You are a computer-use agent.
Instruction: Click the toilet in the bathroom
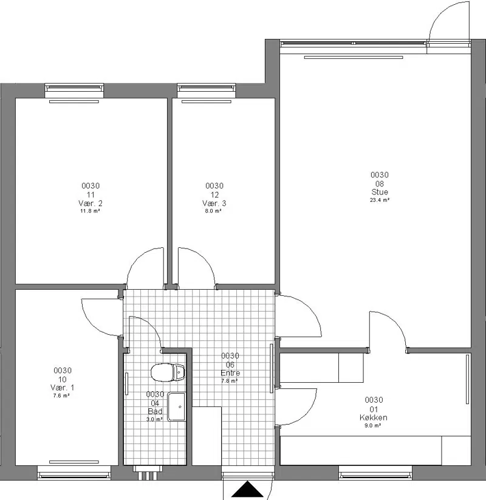(168, 372)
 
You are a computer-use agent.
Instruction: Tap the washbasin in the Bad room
(176, 406)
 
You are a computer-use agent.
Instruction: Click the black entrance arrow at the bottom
(247, 489)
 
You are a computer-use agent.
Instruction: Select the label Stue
(380, 192)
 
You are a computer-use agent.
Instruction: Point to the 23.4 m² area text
(380, 200)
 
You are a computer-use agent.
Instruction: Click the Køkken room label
(374, 417)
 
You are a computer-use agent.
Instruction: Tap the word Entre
(230, 373)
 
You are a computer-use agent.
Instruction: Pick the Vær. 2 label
(91, 203)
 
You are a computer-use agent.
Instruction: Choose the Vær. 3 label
(214, 203)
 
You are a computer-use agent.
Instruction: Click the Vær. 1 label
(62, 388)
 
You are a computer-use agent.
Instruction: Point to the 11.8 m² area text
(91, 211)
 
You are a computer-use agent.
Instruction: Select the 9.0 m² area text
(373, 425)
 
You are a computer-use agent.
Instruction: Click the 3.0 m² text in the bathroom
(155, 419)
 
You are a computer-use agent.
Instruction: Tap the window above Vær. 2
(74, 91)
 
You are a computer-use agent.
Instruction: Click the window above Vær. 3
(207, 91)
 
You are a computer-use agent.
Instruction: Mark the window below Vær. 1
(74, 473)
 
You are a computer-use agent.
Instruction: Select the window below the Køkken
(375, 473)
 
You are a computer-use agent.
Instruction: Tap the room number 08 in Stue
(380, 183)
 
